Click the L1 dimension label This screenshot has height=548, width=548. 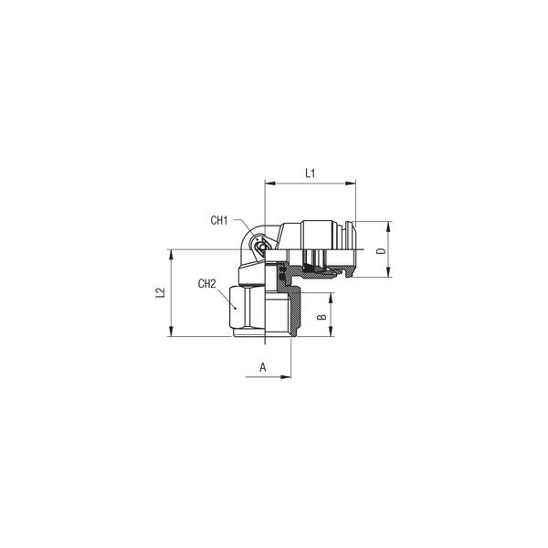click(x=310, y=173)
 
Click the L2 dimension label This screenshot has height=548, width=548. click(x=160, y=292)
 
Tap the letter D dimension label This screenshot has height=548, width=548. click(x=382, y=251)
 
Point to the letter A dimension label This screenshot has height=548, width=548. click(x=263, y=367)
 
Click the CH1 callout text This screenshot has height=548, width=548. click(x=219, y=220)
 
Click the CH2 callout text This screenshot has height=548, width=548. click(x=207, y=283)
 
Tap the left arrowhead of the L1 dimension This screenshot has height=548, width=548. click(x=270, y=184)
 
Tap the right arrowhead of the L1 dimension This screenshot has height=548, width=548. click(x=351, y=184)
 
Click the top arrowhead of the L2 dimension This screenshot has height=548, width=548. click(x=171, y=255)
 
